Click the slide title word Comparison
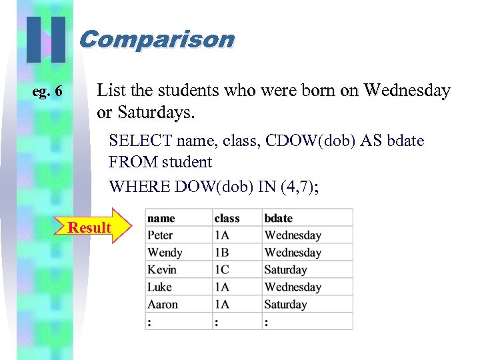pos(157,39)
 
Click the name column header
pos(161,218)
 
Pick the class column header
pos(227,218)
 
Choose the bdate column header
pos(279,218)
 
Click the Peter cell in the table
pos(160,235)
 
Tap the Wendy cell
pos(165,253)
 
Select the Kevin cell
pos(162,270)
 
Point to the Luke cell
pos(159,287)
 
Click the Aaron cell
pos(163,305)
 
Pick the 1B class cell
pos(221,253)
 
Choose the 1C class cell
pos(221,270)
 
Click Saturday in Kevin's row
pos(285,270)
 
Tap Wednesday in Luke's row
pos(293,287)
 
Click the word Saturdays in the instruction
pos(155,113)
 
